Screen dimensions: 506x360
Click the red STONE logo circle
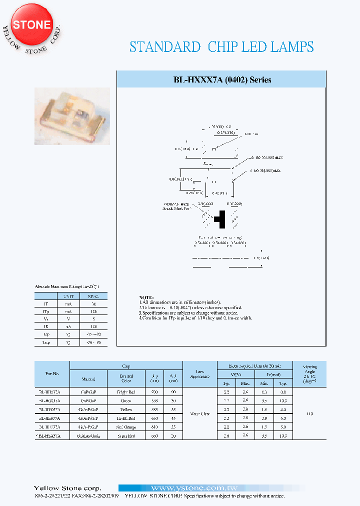point(31,25)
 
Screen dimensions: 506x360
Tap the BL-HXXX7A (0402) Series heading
point(222,80)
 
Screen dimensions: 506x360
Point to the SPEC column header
point(94,296)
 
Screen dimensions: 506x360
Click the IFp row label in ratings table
point(46,311)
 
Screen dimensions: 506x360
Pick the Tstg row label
point(46,342)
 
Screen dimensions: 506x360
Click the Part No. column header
point(52,373)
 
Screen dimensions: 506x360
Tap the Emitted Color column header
point(126,378)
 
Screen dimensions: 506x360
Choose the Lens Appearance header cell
point(200,373)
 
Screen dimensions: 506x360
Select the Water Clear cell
point(200,413)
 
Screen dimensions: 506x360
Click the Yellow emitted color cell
point(126,409)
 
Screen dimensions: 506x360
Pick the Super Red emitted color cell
point(126,435)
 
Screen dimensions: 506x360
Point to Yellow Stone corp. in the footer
point(67,488)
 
